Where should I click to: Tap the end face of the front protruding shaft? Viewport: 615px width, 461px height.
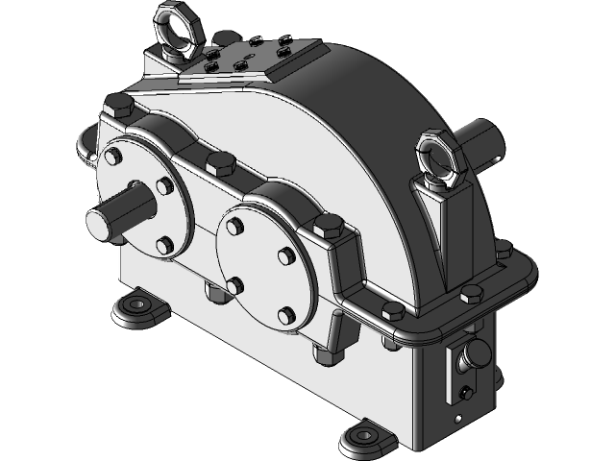pos(101,223)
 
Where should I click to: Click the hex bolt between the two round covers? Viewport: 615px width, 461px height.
pos(220,161)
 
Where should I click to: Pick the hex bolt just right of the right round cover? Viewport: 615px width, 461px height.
pos(329,228)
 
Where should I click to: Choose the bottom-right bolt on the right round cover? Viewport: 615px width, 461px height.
pos(285,313)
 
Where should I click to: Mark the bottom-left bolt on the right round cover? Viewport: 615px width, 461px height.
pos(234,284)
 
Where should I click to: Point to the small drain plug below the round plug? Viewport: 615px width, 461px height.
pos(465,393)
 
